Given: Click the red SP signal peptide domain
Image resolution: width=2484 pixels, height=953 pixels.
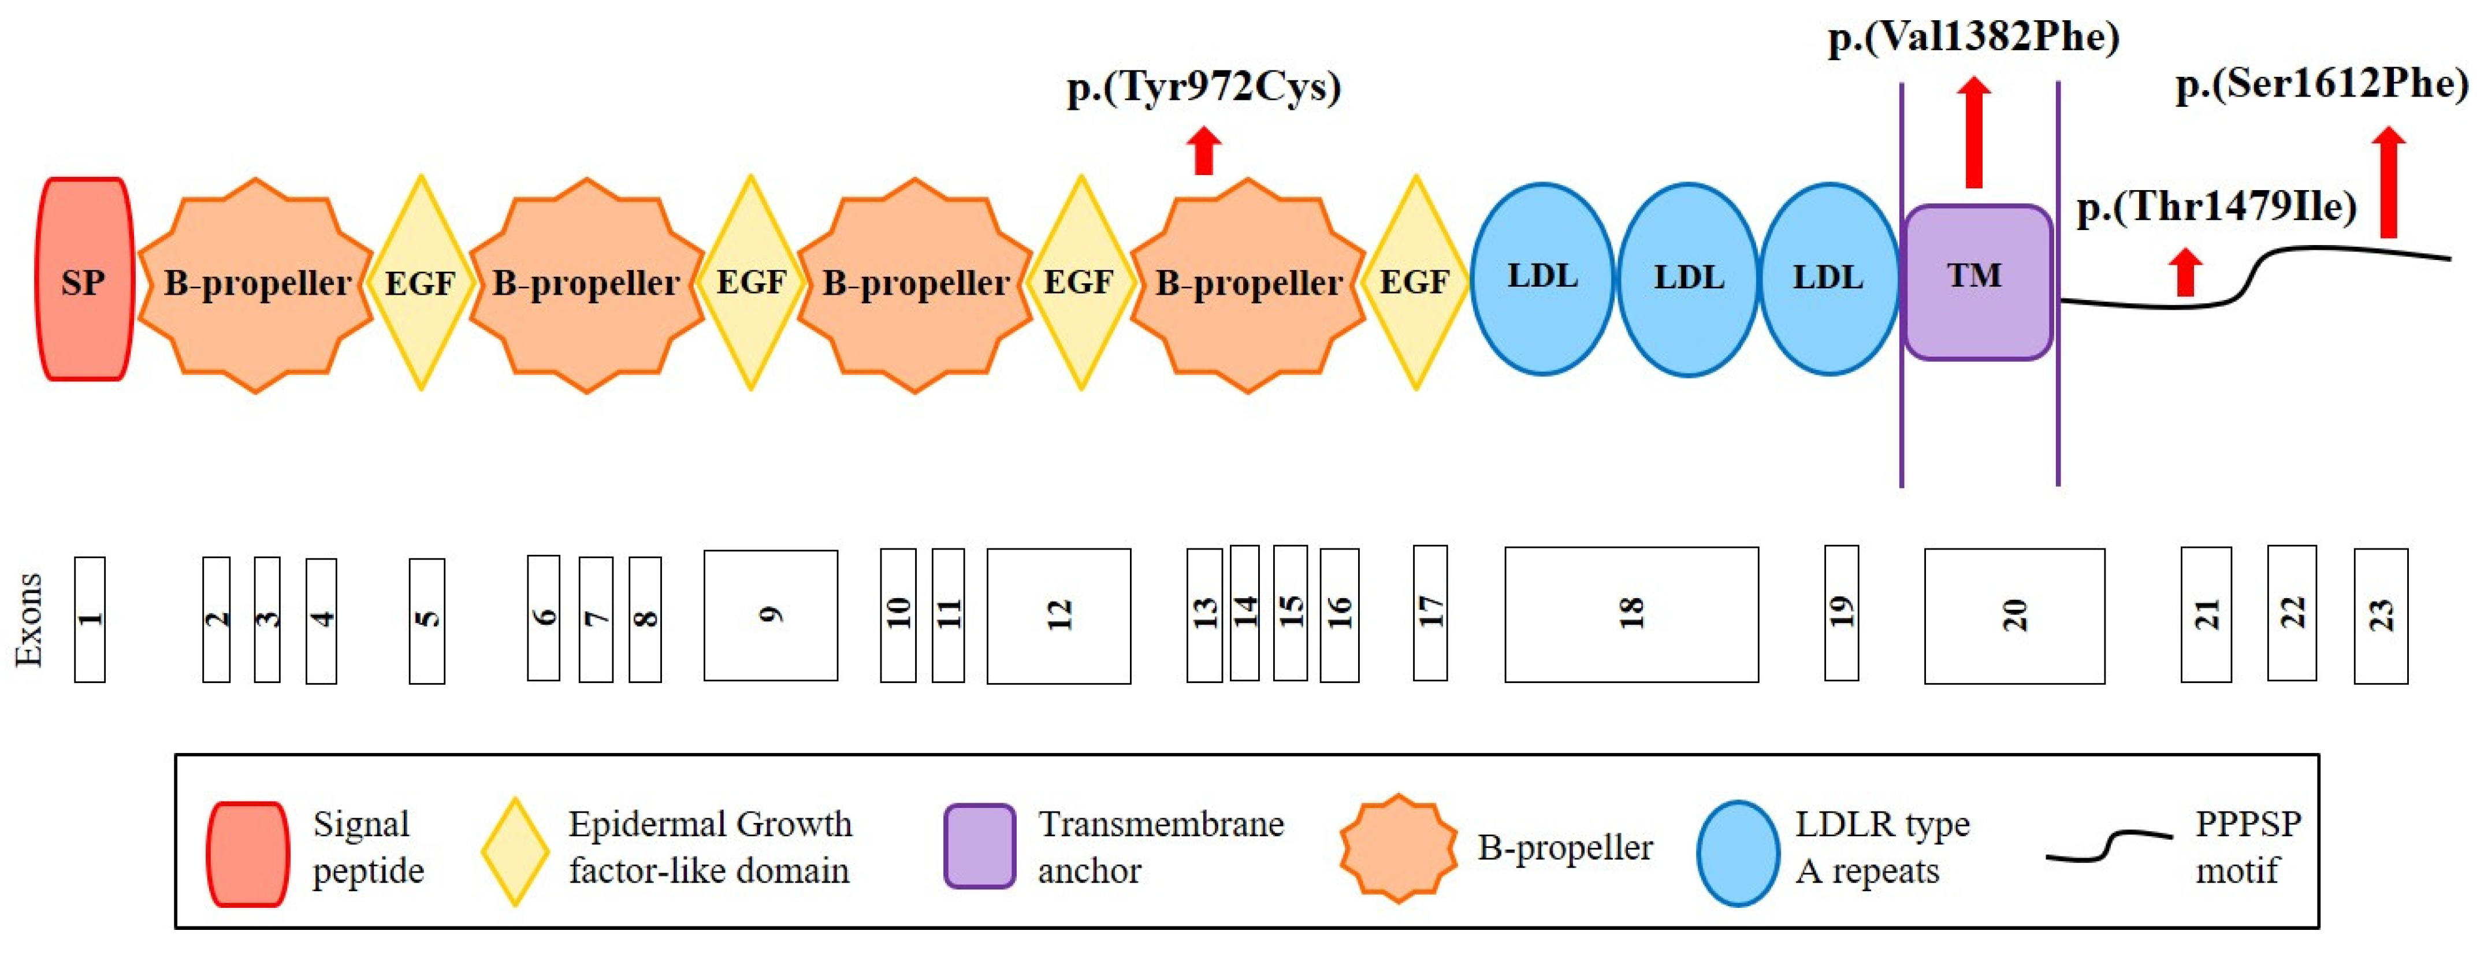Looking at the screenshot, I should coord(84,280).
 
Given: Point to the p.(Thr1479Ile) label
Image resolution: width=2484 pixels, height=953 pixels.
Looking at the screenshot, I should coord(2216,206).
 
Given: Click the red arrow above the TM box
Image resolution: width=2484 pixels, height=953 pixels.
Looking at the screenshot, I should coord(1974,132).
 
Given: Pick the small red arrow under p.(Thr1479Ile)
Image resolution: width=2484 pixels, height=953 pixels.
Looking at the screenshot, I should coord(2185,272).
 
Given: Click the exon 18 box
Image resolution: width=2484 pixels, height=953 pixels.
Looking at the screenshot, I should coord(1631,614).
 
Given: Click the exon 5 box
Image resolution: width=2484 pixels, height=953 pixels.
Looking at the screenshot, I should coord(426,620).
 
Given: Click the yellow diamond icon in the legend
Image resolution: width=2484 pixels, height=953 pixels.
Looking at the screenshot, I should coord(515,851).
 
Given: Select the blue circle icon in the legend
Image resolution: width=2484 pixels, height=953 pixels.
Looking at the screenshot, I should coord(1738,852).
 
